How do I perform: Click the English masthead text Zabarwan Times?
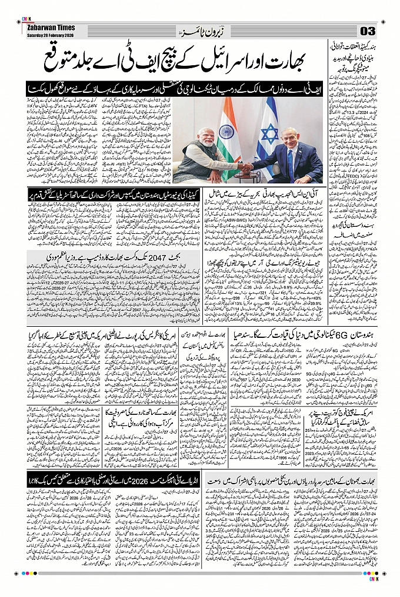46,27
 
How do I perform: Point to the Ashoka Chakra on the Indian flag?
227,132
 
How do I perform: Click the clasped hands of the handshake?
246,167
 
